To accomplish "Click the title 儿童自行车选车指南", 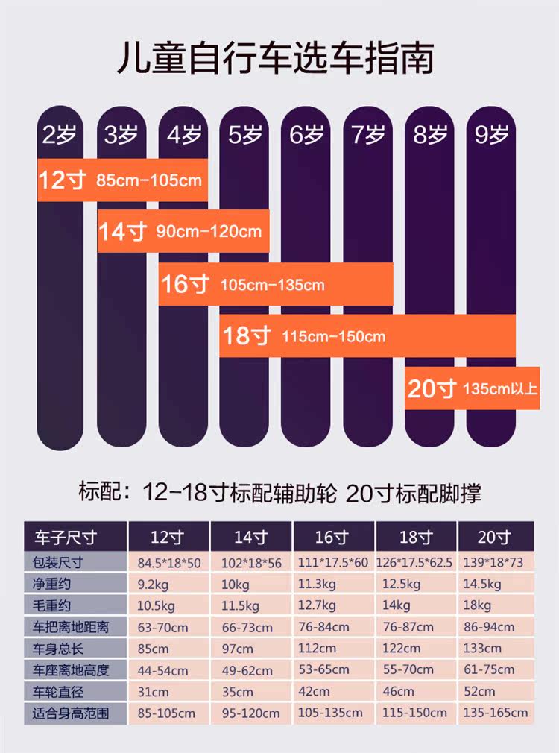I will [275, 58].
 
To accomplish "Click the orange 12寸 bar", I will [121, 180].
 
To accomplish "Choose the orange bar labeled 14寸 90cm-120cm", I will [183, 231].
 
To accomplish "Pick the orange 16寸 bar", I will [276, 284].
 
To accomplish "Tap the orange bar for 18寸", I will [367, 336].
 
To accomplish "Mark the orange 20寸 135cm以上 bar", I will [472, 388].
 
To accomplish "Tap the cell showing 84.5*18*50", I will [168, 562].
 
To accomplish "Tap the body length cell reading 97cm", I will [250, 648].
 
